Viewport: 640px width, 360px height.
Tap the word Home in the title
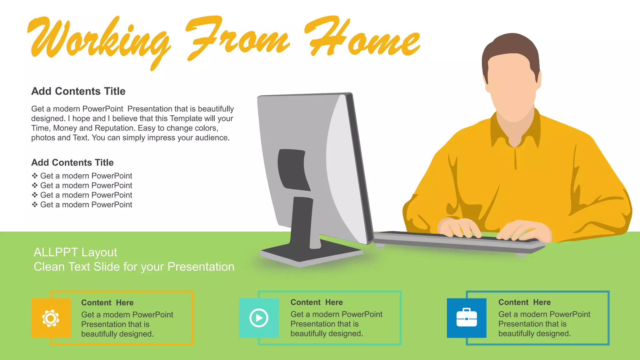pyautogui.click(x=362, y=39)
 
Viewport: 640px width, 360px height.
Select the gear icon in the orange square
pyautogui.click(x=51, y=318)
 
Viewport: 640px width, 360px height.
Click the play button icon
pyautogui.click(x=259, y=318)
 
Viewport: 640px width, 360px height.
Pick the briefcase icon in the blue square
pyautogui.click(x=467, y=318)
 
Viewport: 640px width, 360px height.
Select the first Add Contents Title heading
pyautogui.click(x=78, y=91)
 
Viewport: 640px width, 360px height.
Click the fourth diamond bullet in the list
pyautogui.click(x=35, y=205)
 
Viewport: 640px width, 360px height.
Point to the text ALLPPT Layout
pyautogui.click(x=75, y=252)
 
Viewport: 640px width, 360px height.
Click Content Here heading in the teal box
pyautogui.click(x=317, y=302)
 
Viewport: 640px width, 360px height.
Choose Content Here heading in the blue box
pyautogui.click(x=524, y=302)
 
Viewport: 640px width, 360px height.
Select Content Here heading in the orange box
pyautogui.click(x=107, y=302)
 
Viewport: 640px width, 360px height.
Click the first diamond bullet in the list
pyautogui.click(x=35, y=176)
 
